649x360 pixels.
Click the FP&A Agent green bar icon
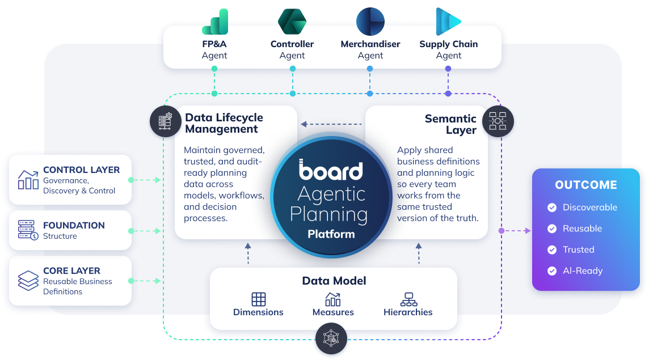[x=215, y=22]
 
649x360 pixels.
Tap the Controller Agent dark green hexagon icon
[x=292, y=22]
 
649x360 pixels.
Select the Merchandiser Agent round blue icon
[x=370, y=22]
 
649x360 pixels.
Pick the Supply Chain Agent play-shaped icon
[x=448, y=22]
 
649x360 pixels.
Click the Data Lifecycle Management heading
[x=224, y=124]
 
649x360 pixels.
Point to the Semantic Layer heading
[x=450, y=124]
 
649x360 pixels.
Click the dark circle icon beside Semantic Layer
[x=498, y=121]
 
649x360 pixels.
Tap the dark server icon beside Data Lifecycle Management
[x=166, y=121]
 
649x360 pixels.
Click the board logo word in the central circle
[x=331, y=170]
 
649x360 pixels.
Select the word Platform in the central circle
[x=331, y=234]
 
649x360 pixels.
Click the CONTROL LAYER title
[x=82, y=170]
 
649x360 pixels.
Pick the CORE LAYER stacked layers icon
[x=28, y=281]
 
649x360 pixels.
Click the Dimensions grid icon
[x=259, y=299]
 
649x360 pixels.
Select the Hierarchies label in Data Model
[x=408, y=312]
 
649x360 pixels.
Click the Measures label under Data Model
[x=333, y=312]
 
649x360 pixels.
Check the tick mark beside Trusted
[x=552, y=250]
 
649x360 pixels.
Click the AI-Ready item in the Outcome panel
[x=583, y=271]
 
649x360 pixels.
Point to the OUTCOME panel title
[x=586, y=185]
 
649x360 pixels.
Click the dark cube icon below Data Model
[x=331, y=338]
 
